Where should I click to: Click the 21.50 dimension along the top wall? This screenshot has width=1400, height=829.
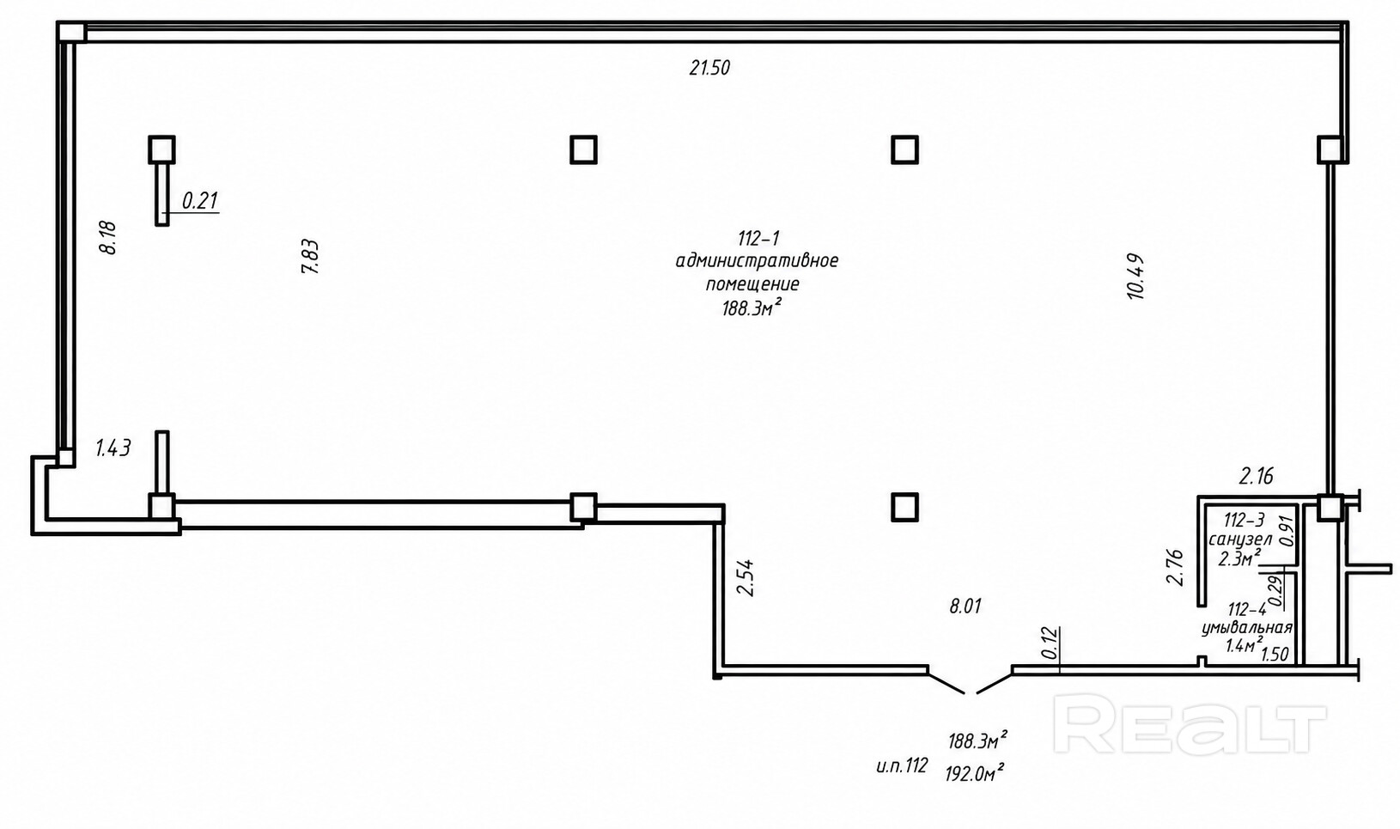pyautogui.click(x=709, y=68)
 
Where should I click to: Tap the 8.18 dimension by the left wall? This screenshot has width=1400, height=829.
pyautogui.click(x=109, y=237)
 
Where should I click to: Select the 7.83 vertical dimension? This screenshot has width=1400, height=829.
pyautogui.click(x=311, y=256)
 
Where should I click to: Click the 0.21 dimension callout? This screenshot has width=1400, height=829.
pyautogui.click(x=200, y=201)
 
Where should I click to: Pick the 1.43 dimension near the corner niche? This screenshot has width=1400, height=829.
pyautogui.click(x=113, y=448)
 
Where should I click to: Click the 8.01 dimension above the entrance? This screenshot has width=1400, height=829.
pyautogui.click(x=965, y=606)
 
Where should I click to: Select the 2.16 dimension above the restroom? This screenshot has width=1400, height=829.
pyautogui.click(x=1257, y=477)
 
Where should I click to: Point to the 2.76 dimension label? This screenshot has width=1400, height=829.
pyautogui.click(x=1176, y=567)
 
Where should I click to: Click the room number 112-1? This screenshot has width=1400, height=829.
pyautogui.click(x=758, y=238)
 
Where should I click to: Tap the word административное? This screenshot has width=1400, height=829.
pyautogui.click(x=757, y=260)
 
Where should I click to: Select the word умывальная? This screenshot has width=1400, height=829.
pyautogui.click(x=1246, y=628)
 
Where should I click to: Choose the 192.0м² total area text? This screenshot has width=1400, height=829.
pyautogui.click(x=975, y=773)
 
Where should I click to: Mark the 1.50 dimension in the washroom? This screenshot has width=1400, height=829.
pyautogui.click(x=1275, y=655)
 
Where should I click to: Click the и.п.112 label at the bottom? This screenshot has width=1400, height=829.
pyautogui.click(x=902, y=765)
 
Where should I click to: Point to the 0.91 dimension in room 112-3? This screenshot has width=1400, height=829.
pyautogui.click(x=1287, y=531)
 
